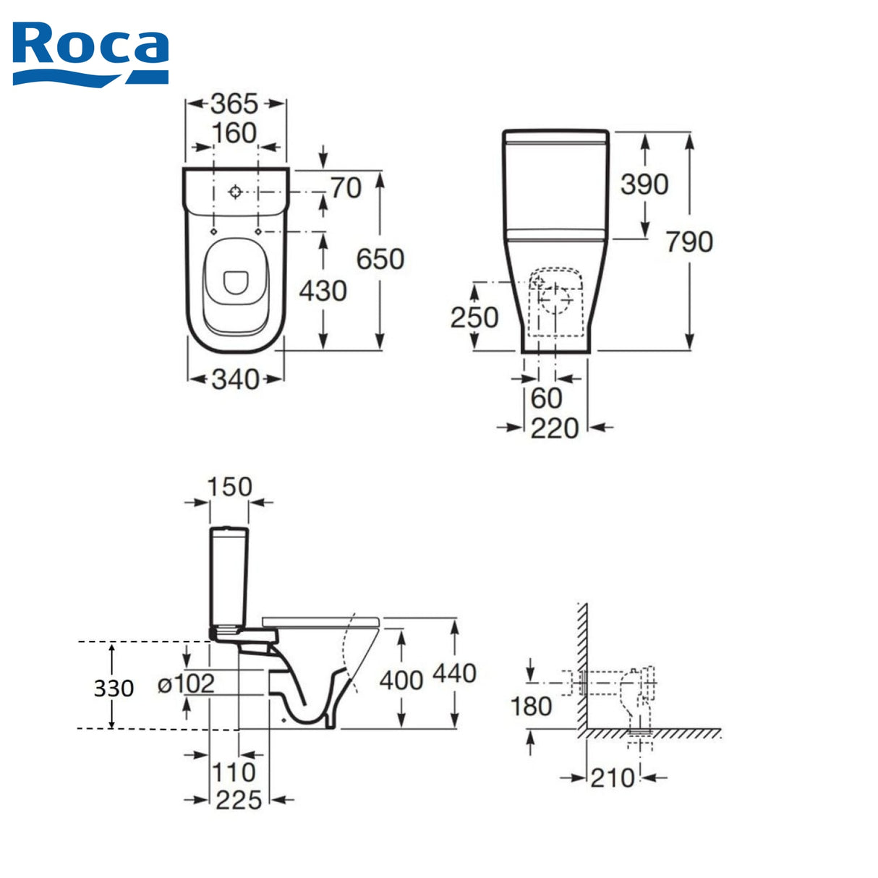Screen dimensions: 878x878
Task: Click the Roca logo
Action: click(90, 54)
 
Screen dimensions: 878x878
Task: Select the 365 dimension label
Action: click(234, 104)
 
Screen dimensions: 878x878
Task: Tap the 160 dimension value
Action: click(234, 133)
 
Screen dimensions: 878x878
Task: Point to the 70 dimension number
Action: click(346, 188)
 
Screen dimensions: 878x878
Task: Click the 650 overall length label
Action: click(380, 259)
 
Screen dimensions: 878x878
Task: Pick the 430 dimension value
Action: click(323, 291)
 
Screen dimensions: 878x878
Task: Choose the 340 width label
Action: click(236, 379)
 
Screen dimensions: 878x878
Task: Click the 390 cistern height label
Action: click(644, 184)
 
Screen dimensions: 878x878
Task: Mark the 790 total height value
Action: click(689, 242)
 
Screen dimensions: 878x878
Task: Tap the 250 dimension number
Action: click(474, 317)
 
